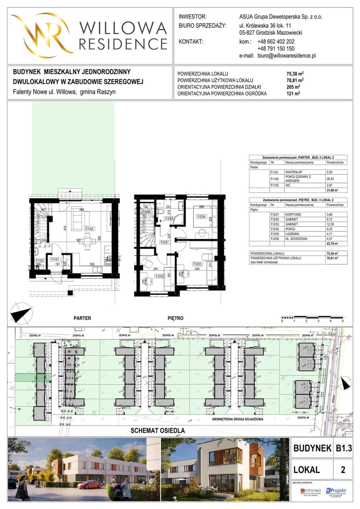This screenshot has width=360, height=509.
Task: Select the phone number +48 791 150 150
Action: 276,49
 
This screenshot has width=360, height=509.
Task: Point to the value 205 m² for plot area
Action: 294,86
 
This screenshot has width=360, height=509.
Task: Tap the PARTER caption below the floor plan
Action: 82,318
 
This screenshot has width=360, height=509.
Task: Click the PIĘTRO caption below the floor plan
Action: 175,318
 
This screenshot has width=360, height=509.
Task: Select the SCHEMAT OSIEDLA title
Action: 158,430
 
